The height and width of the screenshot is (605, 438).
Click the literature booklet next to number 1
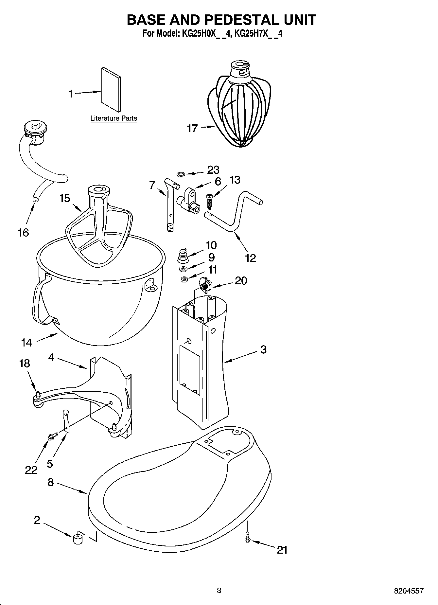tap(111, 90)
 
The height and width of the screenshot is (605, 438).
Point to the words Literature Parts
tap(114, 118)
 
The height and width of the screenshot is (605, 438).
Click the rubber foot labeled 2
tap(78, 539)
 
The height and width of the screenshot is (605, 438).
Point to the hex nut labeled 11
tap(184, 279)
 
